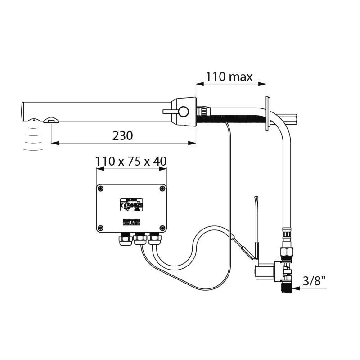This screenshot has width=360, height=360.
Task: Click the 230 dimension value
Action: (x=123, y=135)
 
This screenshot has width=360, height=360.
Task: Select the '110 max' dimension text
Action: (x=229, y=76)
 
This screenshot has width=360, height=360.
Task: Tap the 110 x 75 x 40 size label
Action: (x=131, y=161)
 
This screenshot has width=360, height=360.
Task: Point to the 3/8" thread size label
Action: (x=315, y=281)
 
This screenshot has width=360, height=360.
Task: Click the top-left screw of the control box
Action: (x=101, y=189)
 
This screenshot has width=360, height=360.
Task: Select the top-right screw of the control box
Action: (x=162, y=189)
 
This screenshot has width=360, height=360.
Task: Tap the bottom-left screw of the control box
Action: (x=101, y=227)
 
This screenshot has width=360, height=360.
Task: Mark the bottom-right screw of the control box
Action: (x=162, y=227)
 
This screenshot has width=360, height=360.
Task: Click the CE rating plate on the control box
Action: (x=131, y=205)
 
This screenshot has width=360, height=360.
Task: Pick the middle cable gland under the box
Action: (x=139, y=239)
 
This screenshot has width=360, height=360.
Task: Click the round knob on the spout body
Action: (x=184, y=111)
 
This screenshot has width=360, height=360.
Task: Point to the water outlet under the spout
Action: (x=50, y=120)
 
